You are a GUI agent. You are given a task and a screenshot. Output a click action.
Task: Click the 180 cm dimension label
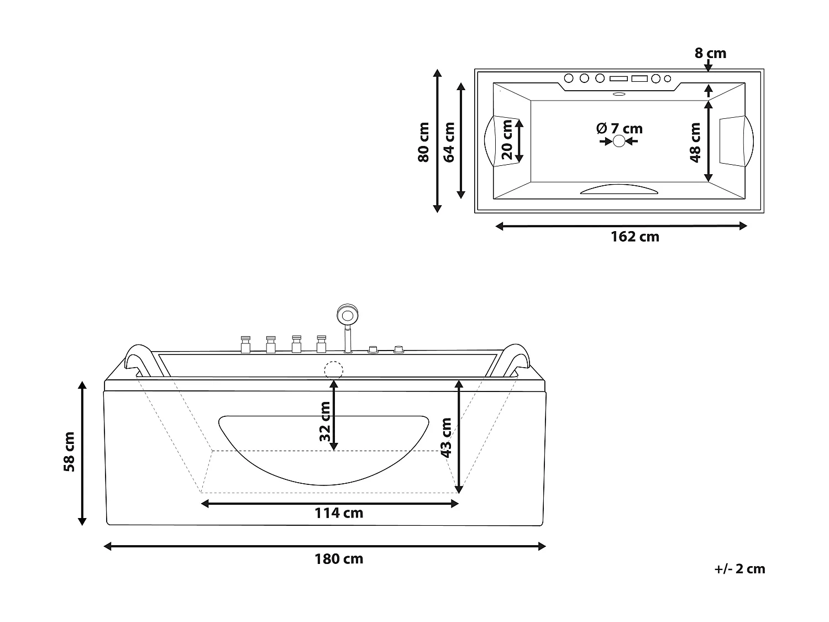[339, 559]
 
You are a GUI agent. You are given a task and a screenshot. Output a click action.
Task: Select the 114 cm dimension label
[339, 513]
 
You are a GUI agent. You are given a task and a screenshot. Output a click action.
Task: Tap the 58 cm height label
[70, 452]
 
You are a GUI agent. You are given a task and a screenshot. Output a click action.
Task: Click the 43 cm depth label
[447, 437]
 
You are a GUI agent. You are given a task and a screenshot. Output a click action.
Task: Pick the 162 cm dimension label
[634, 237]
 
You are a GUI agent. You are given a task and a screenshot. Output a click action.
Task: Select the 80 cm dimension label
[423, 142]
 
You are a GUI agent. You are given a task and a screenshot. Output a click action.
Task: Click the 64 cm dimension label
[449, 142]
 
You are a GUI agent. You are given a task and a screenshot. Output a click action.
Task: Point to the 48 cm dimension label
[695, 142]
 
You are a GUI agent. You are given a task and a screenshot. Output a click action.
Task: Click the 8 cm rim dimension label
[710, 54]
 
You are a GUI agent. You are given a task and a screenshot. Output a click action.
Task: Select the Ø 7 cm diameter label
[620, 129]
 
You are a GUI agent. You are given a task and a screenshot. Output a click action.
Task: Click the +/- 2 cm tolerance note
[739, 569]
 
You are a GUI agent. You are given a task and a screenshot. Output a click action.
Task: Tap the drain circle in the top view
[619, 142]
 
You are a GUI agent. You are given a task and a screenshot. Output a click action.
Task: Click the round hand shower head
[347, 316]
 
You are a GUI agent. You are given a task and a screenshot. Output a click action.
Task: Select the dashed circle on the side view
[333, 370]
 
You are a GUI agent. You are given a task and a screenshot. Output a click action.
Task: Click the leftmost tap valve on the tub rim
[245, 344]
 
